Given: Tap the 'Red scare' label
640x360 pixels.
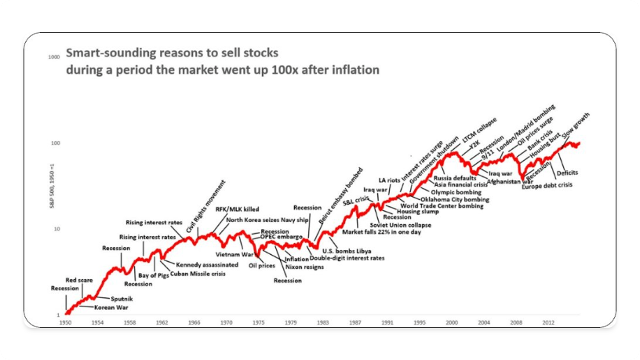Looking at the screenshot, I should (80, 280).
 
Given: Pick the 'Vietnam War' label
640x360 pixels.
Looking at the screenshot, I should (235, 255).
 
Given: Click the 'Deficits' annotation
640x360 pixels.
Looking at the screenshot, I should (567, 173).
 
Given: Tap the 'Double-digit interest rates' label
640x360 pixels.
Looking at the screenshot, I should (347, 258).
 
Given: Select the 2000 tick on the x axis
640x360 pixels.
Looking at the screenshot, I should (453, 322).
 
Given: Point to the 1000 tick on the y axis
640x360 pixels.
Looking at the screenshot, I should (56, 57).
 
